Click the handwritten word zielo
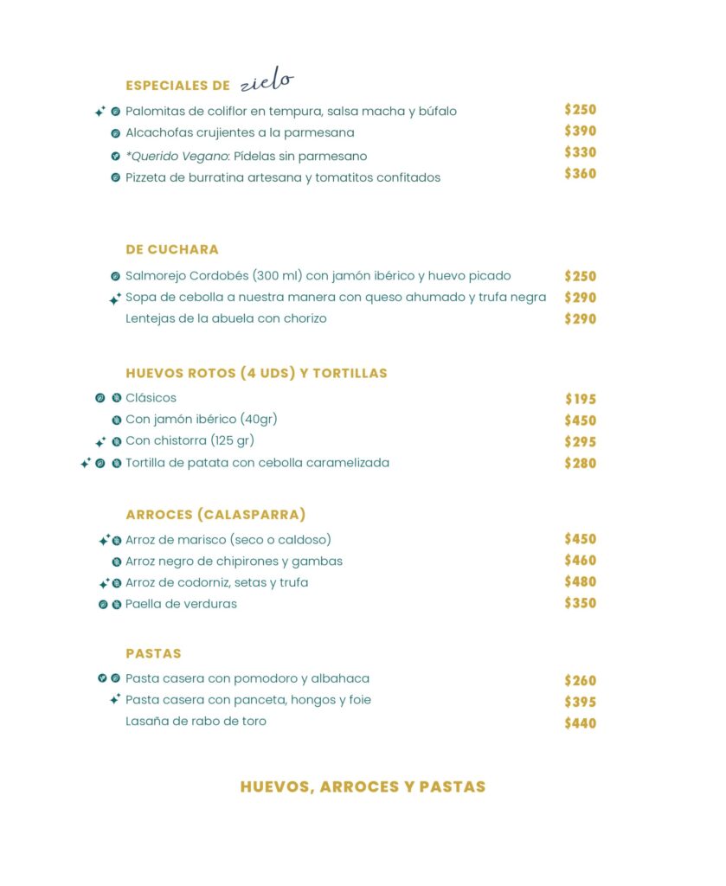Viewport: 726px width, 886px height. (267, 83)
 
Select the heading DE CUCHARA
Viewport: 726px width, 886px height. (172, 249)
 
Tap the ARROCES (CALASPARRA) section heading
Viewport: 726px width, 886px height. (215, 515)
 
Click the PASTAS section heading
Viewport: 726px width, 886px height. (153, 653)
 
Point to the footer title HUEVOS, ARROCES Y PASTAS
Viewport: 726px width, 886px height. (363, 786)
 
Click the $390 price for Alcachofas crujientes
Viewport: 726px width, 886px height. (581, 132)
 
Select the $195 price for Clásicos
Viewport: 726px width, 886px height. (581, 399)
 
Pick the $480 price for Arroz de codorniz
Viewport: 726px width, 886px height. (581, 581)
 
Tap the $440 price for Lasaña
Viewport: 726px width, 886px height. (581, 723)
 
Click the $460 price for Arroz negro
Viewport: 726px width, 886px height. (581, 561)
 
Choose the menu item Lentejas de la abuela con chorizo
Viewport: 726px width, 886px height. (226, 318)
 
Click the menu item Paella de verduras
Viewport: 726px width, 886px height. (181, 604)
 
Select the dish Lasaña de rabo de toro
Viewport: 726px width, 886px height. (196, 721)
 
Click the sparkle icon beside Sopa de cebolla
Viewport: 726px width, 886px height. (114, 299)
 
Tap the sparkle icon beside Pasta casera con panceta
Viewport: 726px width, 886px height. (114, 699)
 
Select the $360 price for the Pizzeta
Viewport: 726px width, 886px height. (581, 174)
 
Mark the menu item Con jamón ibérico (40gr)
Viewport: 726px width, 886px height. (201, 420)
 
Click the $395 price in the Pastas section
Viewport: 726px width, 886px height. (581, 702)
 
